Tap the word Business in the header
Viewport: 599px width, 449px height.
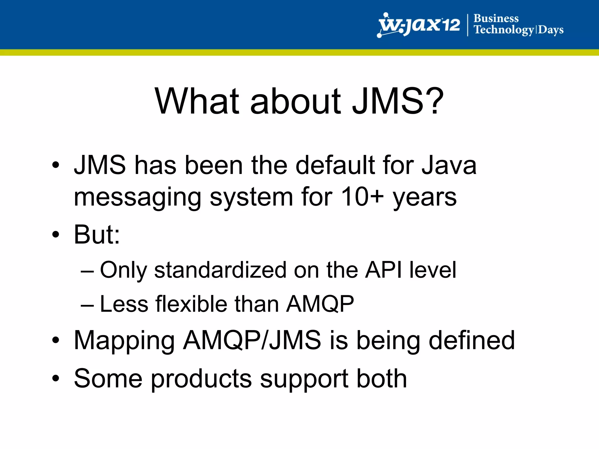click(496, 18)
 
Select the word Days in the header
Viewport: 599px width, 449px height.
click(551, 30)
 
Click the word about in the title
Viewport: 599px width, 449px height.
click(295, 101)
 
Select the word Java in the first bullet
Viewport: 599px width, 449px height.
click(449, 165)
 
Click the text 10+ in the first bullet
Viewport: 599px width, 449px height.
click(362, 197)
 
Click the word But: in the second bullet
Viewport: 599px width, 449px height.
click(97, 234)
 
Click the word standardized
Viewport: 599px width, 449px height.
click(220, 270)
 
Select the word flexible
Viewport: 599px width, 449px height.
click(191, 304)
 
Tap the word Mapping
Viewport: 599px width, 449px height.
click(124, 341)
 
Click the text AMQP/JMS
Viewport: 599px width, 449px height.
click(252, 340)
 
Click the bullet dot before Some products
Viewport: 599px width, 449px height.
click(56, 379)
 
